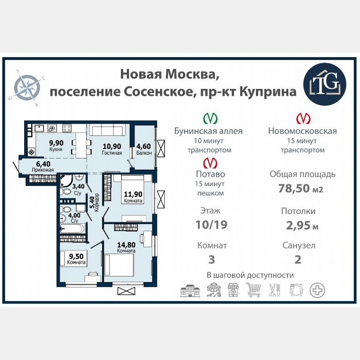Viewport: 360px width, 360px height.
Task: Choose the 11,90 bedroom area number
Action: tap(133, 193)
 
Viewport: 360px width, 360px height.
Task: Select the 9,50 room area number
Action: tap(76, 256)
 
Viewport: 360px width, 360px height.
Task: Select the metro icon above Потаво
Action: tap(208, 162)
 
